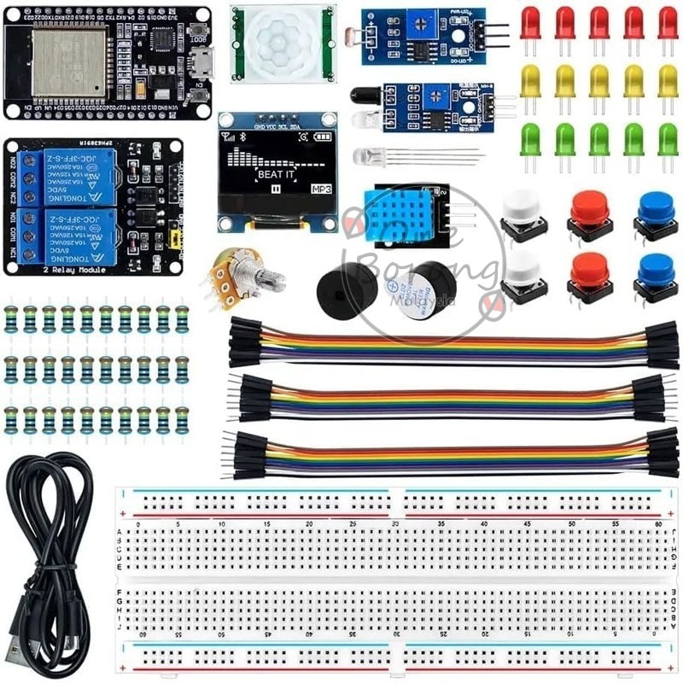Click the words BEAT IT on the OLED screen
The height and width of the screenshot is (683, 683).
tap(277, 174)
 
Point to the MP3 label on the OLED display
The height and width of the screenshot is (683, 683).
tap(321, 189)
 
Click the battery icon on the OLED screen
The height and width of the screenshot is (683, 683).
tap(324, 137)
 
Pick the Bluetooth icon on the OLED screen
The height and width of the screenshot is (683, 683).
tap(242, 137)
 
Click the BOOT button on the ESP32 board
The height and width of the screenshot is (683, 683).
tap(199, 30)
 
